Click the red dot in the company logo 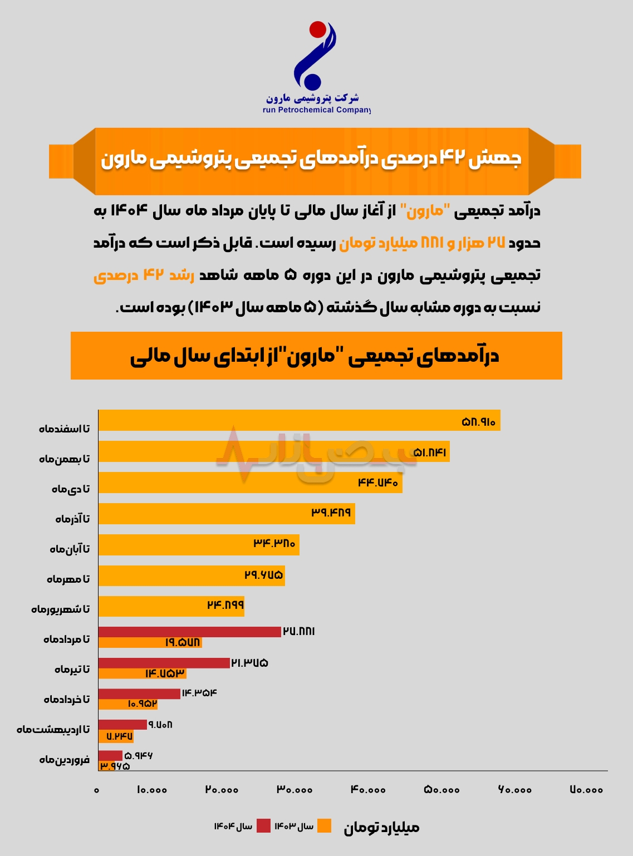(318, 29)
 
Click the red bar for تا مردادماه (189, 632)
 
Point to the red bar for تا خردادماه (139, 693)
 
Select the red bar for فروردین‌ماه (110, 755)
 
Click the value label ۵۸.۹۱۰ (478, 422)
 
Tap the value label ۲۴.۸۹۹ (225, 605)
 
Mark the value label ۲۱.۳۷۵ (249, 663)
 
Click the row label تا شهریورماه (60, 609)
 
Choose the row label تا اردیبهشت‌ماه (53, 729)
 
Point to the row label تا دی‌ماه (71, 489)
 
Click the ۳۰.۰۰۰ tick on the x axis (295, 790)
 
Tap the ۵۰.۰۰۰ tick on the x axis (442, 790)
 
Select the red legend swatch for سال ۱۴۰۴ (263, 826)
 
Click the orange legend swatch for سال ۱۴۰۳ (324, 826)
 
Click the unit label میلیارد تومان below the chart (381, 828)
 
